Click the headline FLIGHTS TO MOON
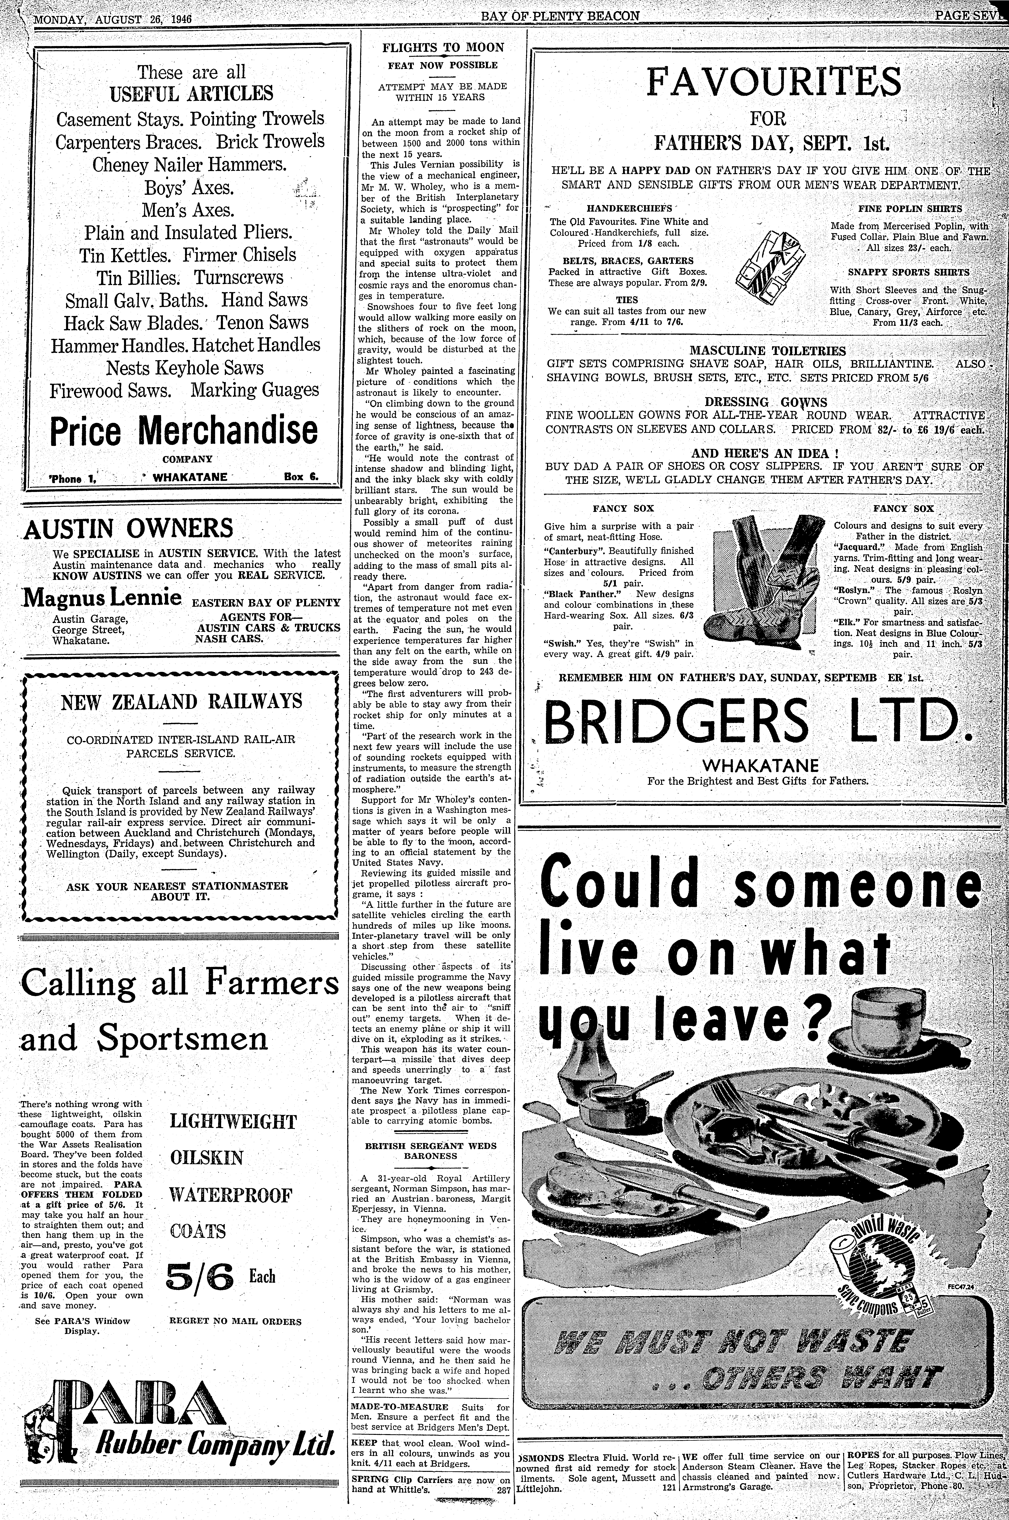coord(443,48)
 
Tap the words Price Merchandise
coord(183,430)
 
